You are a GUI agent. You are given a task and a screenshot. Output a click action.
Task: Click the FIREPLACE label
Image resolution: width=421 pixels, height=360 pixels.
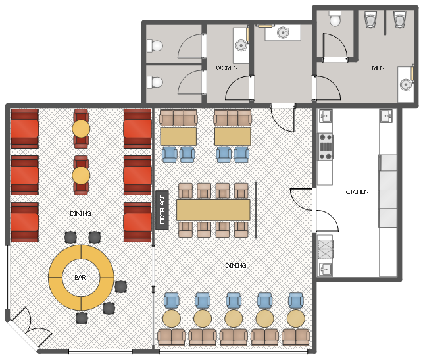point(162,209)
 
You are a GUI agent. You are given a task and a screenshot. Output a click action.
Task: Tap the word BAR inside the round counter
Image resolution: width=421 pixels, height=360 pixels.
point(80,277)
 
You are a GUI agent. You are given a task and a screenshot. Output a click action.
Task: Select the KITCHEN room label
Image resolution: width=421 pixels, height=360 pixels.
point(357,192)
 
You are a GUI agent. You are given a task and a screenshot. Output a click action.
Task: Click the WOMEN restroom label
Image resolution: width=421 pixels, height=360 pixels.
point(227,68)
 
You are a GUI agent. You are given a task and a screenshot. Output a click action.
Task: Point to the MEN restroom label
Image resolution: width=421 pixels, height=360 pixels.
point(378,68)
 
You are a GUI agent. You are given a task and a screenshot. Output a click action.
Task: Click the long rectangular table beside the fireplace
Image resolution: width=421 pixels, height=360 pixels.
point(213,210)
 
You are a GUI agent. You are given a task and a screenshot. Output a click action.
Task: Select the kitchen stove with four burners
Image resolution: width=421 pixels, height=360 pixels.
point(326,147)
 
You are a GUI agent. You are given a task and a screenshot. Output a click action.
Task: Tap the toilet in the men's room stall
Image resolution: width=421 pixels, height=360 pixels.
point(335,18)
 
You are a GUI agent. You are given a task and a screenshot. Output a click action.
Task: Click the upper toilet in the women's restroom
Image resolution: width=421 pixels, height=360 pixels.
point(155,46)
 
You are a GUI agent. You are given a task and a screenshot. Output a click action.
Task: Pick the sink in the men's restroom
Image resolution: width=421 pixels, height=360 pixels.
point(406,85)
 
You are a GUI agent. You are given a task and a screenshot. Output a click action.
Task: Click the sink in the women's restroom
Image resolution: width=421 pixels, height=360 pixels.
point(241,45)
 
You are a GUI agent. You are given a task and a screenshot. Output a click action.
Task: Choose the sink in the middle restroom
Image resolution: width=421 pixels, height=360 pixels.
point(283,32)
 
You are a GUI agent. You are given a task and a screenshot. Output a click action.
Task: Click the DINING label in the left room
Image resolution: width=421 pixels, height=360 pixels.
point(80,214)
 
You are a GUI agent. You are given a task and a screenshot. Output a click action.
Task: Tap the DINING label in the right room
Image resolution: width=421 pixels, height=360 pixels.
point(235,265)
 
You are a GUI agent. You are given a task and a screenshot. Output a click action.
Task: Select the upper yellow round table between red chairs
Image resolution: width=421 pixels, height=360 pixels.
point(81,128)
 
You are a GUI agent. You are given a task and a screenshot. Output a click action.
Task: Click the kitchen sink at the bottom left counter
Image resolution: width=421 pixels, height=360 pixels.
point(326,269)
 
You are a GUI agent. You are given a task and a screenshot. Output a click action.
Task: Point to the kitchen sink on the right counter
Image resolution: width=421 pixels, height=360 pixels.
point(387,116)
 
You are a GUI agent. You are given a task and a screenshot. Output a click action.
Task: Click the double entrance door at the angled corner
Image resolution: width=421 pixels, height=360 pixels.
point(32,326)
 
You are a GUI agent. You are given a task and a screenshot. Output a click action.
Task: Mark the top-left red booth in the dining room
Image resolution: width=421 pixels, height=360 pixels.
point(24,129)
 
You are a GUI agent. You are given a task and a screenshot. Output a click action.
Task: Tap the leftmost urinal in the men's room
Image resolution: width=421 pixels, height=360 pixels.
point(370,19)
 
